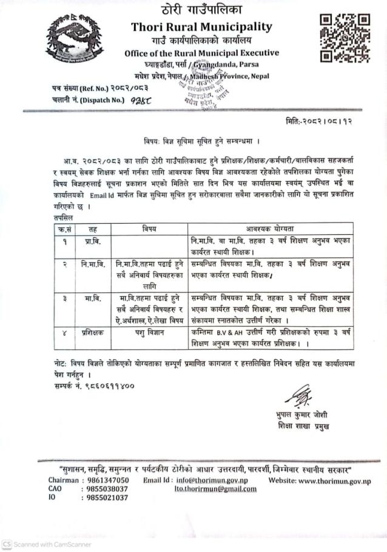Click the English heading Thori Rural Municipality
pos(201,27)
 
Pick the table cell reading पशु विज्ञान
pos(149,333)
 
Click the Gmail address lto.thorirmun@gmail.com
pos(215,489)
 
